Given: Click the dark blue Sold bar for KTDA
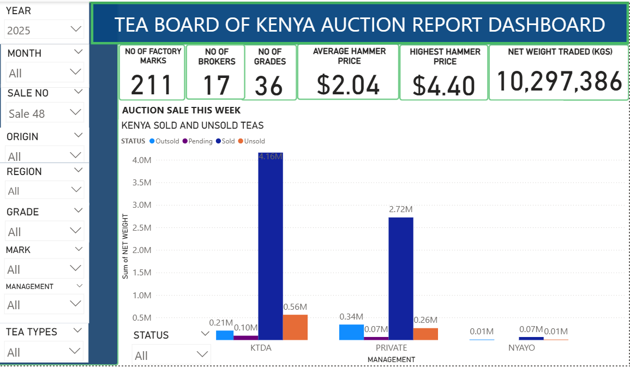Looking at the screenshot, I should pos(270,245).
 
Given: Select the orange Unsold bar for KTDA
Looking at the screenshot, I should pos(295,327).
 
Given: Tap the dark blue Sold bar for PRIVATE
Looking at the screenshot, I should pos(401,278).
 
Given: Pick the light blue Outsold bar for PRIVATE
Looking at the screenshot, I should pos(351,332).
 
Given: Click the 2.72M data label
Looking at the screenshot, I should pos(401,209).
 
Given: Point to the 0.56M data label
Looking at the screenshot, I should pos(295,306).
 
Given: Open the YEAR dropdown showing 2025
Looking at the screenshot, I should pos(44,28).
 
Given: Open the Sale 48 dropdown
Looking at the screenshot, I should pos(44,113).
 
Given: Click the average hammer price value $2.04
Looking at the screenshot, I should pos(348,85).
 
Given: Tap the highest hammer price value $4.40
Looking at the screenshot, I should pos(443,86).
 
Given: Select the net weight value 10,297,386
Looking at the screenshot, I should pos(559,81).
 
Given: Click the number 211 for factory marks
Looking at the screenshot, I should pos(152,85).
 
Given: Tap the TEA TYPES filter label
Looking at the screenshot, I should pos(32,332).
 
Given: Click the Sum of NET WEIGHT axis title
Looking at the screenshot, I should pos(125,246).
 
